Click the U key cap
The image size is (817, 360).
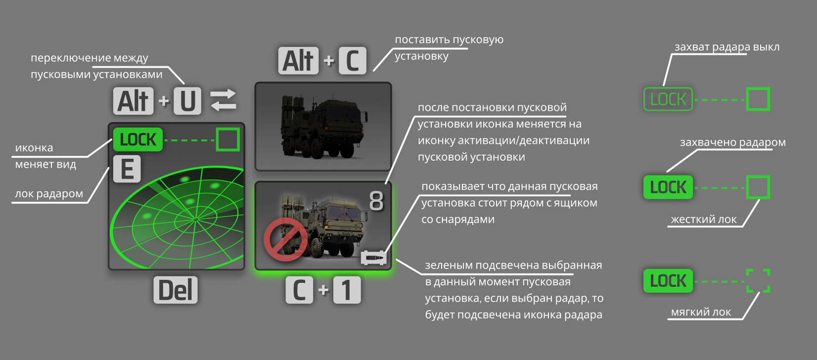click(x=187, y=101)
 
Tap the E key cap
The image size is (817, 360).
click(x=127, y=169)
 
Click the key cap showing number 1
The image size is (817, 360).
click(x=347, y=290)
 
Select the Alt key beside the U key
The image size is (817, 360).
click(x=134, y=101)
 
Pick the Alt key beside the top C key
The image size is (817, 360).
click(x=298, y=60)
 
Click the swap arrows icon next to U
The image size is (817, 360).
click(x=223, y=100)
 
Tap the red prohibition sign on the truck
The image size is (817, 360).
click(x=285, y=239)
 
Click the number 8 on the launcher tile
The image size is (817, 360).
click(x=376, y=201)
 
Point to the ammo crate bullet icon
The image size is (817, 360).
click(x=373, y=258)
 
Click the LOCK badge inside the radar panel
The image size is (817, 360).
click(x=138, y=139)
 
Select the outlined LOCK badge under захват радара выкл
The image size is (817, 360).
click(x=668, y=99)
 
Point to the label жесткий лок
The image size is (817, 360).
click(x=704, y=220)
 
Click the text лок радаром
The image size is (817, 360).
click(x=49, y=194)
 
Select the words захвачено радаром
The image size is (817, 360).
click(x=733, y=142)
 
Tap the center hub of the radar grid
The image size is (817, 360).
click(x=196, y=219)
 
